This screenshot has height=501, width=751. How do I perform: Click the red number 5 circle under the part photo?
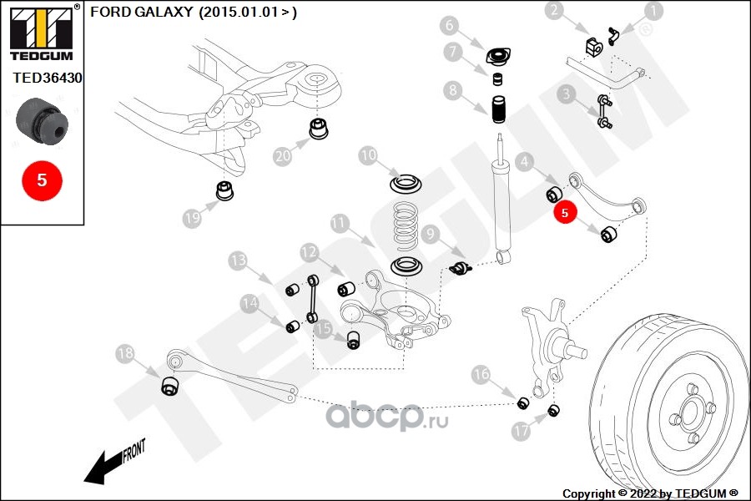[x=43, y=180]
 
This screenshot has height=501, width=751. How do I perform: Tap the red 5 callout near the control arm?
[x=565, y=212]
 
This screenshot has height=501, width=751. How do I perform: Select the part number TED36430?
[x=48, y=78]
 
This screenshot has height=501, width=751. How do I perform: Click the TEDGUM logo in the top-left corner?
[x=42, y=33]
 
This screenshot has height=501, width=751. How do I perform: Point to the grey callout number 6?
[x=449, y=24]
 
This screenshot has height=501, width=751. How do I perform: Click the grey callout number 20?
[x=283, y=156]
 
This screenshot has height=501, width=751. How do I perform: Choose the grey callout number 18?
[x=125, y=353]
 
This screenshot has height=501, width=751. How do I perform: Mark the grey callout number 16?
[x=481, y=374]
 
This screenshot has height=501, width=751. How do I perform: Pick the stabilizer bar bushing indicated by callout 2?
[x=594, y=46]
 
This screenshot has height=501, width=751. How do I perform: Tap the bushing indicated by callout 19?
[x=224, y=190]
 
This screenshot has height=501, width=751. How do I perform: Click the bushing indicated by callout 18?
[x=169, y=386]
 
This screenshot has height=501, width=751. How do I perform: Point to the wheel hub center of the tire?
[x=690, y=412]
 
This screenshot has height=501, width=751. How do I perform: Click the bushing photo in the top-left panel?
[x=43, y=121]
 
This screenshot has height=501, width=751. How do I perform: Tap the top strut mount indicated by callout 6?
[x=499, y=56]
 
